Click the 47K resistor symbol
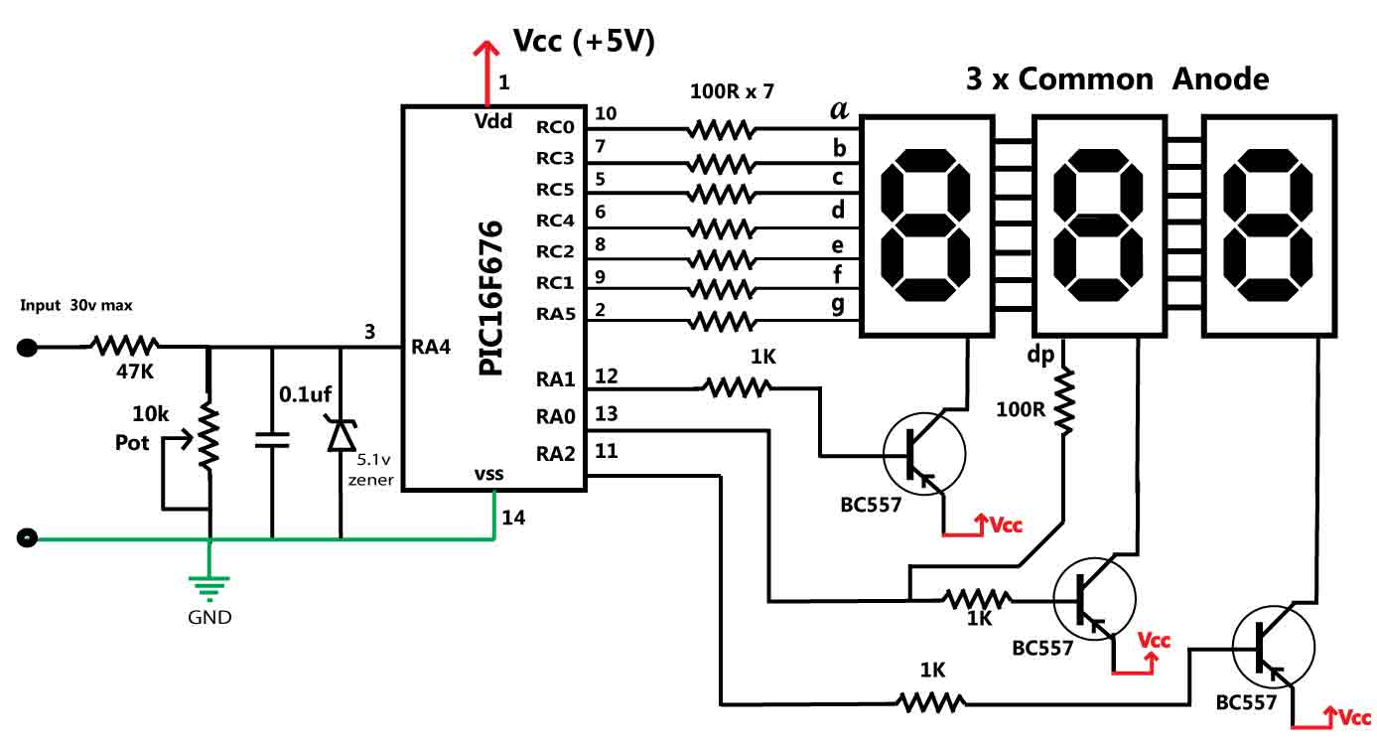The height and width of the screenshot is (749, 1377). coord(124,347)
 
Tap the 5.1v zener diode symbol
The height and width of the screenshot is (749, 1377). coord(341,435)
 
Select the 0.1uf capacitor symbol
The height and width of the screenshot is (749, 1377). coord(271,440)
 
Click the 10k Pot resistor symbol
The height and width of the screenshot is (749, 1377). coord(208,435)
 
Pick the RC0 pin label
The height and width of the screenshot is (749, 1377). coord(555,127)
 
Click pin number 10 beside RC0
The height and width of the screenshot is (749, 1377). coord(606,114)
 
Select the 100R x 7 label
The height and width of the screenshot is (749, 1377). coord(732,92)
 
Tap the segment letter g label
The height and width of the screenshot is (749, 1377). coord(839,305)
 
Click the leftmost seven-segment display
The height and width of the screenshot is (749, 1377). coord(925,225)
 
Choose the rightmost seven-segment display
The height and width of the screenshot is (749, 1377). coord(1266,225)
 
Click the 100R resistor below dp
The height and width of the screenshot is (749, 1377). coord(1065,402)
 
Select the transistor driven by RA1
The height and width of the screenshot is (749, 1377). coord(924,453)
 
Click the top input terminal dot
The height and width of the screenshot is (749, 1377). coord(28,348)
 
